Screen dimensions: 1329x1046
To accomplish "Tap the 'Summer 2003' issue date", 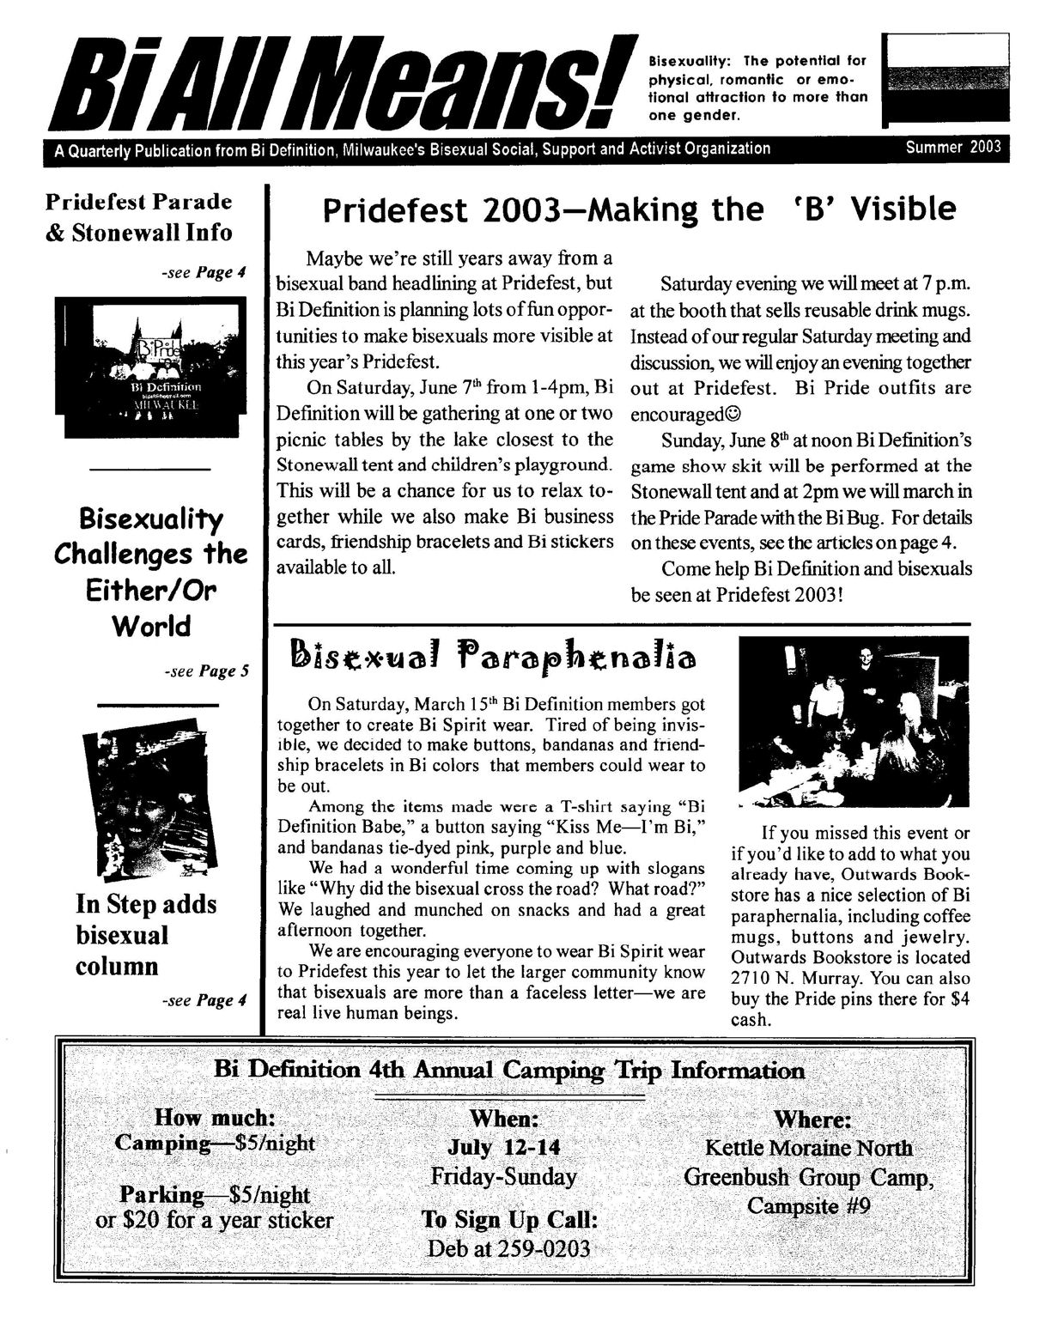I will [x=952, y=147].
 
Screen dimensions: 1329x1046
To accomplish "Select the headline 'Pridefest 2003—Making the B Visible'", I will [x=638, y=209].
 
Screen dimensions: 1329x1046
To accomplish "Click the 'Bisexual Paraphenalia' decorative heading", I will [x=493, y=656].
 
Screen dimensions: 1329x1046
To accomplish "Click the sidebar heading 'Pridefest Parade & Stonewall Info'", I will [x=138, y=217].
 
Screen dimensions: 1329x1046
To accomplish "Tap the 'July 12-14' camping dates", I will [x=503, y=1148].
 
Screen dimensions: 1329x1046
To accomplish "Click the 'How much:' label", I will [x=215, y=1117].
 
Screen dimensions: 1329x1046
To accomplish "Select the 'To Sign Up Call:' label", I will [x=509, y=1219].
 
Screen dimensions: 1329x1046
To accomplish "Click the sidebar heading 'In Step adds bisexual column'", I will [x=146, y=935].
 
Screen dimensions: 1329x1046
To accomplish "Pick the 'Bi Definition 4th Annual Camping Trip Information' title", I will [x=508, y=1071].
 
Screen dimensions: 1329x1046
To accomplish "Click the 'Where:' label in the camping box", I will [x=812, y=1120].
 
